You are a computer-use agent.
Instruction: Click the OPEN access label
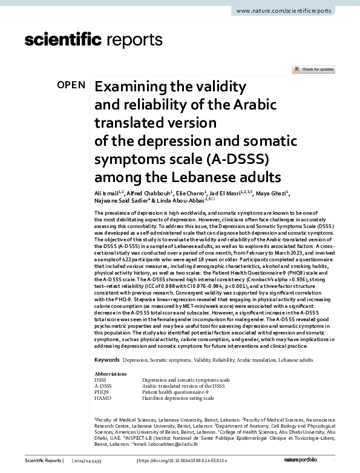71,85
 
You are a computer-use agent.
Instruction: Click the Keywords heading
106,359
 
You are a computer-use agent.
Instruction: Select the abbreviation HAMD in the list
103,398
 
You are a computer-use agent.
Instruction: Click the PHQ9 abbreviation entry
102,392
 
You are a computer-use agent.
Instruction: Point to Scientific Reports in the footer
43,462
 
